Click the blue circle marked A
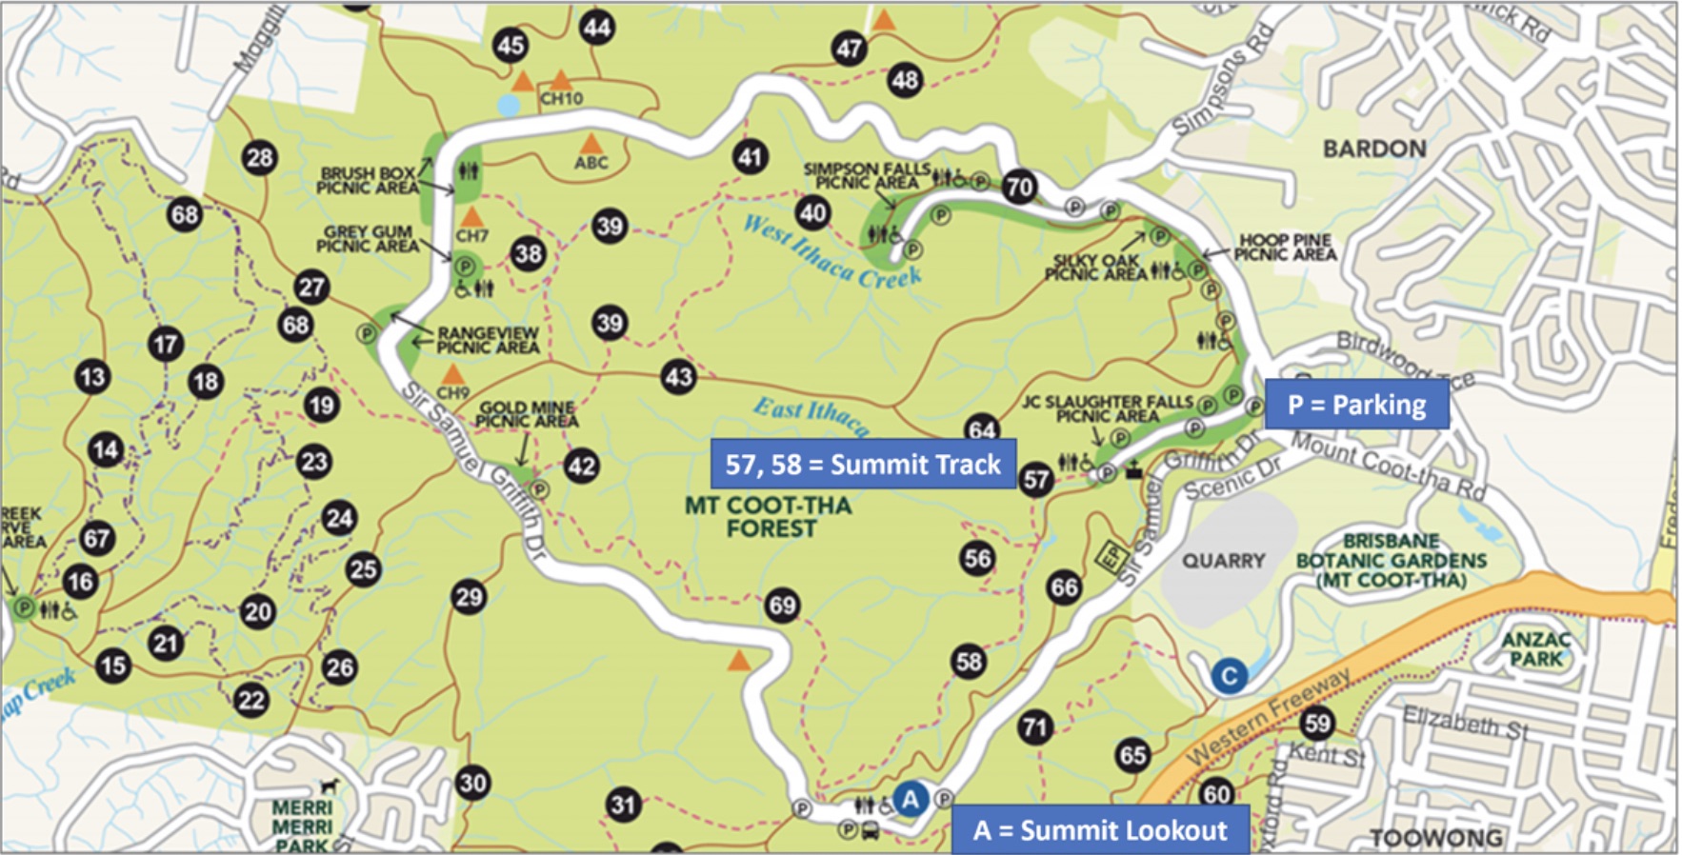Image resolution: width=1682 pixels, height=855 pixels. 911,798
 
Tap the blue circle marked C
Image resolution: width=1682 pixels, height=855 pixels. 1229,676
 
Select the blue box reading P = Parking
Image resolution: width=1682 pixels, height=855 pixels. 1356,405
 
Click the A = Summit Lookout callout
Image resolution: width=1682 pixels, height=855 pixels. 1099,830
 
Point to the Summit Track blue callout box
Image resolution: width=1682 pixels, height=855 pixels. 863,464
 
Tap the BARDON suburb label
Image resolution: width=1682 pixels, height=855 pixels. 1374,149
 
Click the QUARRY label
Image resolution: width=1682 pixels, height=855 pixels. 1224,561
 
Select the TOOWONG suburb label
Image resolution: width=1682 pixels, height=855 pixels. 1435,838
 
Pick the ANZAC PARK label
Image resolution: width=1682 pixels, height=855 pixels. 1535,648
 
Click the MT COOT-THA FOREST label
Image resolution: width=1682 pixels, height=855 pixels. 769,516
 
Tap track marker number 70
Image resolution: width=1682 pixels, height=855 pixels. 1019,187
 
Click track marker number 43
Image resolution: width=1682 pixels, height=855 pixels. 678,377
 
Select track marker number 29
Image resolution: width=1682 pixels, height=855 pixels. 469,597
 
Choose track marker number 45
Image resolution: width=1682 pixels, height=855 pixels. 511,45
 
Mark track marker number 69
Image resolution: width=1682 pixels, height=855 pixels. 782,605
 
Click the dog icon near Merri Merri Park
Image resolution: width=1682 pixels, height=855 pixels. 330,785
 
